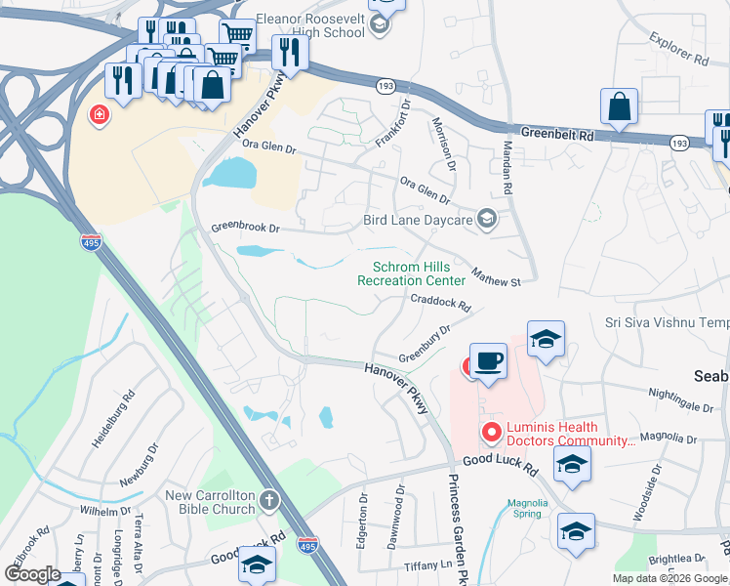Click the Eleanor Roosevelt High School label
pos(310,25)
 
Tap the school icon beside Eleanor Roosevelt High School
pos(382,25)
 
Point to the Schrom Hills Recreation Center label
pos(411,274)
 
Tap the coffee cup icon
pos(488,360)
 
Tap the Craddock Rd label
pos(440,303)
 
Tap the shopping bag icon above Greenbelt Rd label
pos(620,106)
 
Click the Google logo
pos(32,574)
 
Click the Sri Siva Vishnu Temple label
pos(667,322)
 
